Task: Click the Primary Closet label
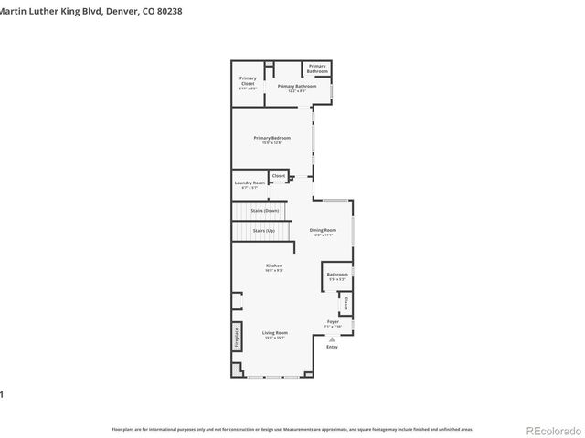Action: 248,83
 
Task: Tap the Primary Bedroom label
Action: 271,139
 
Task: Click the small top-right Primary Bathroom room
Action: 317,68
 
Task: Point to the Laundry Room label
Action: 249,184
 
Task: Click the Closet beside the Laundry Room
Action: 279,175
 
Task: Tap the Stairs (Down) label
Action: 264,211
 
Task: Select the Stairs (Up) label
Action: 263,231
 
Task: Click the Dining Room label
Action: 323,232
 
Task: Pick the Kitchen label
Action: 273,267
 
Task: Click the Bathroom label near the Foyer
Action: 336,276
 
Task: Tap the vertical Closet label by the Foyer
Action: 346,303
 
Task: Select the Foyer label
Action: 333,324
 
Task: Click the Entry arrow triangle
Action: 332,339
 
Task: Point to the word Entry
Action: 332,347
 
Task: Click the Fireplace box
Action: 236,337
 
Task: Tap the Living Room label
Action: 274,335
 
